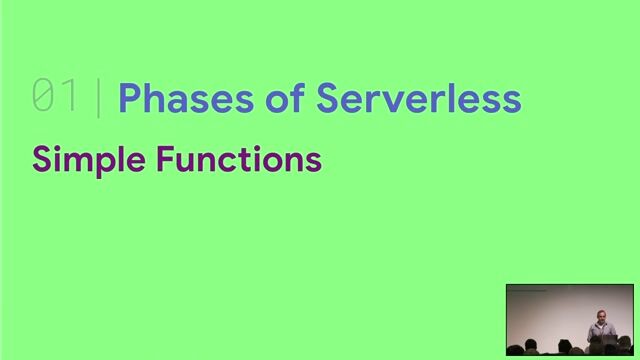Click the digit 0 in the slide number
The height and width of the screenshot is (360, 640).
[44, 97]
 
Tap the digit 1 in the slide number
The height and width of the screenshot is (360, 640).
[70, 97]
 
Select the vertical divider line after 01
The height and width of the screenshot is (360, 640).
[98, 98]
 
